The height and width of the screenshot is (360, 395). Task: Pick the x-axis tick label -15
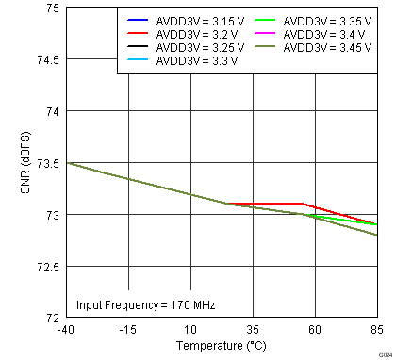(129, 330)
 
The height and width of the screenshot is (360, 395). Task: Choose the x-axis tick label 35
(253, 330)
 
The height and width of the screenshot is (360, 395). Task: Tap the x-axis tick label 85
(376, 330)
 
